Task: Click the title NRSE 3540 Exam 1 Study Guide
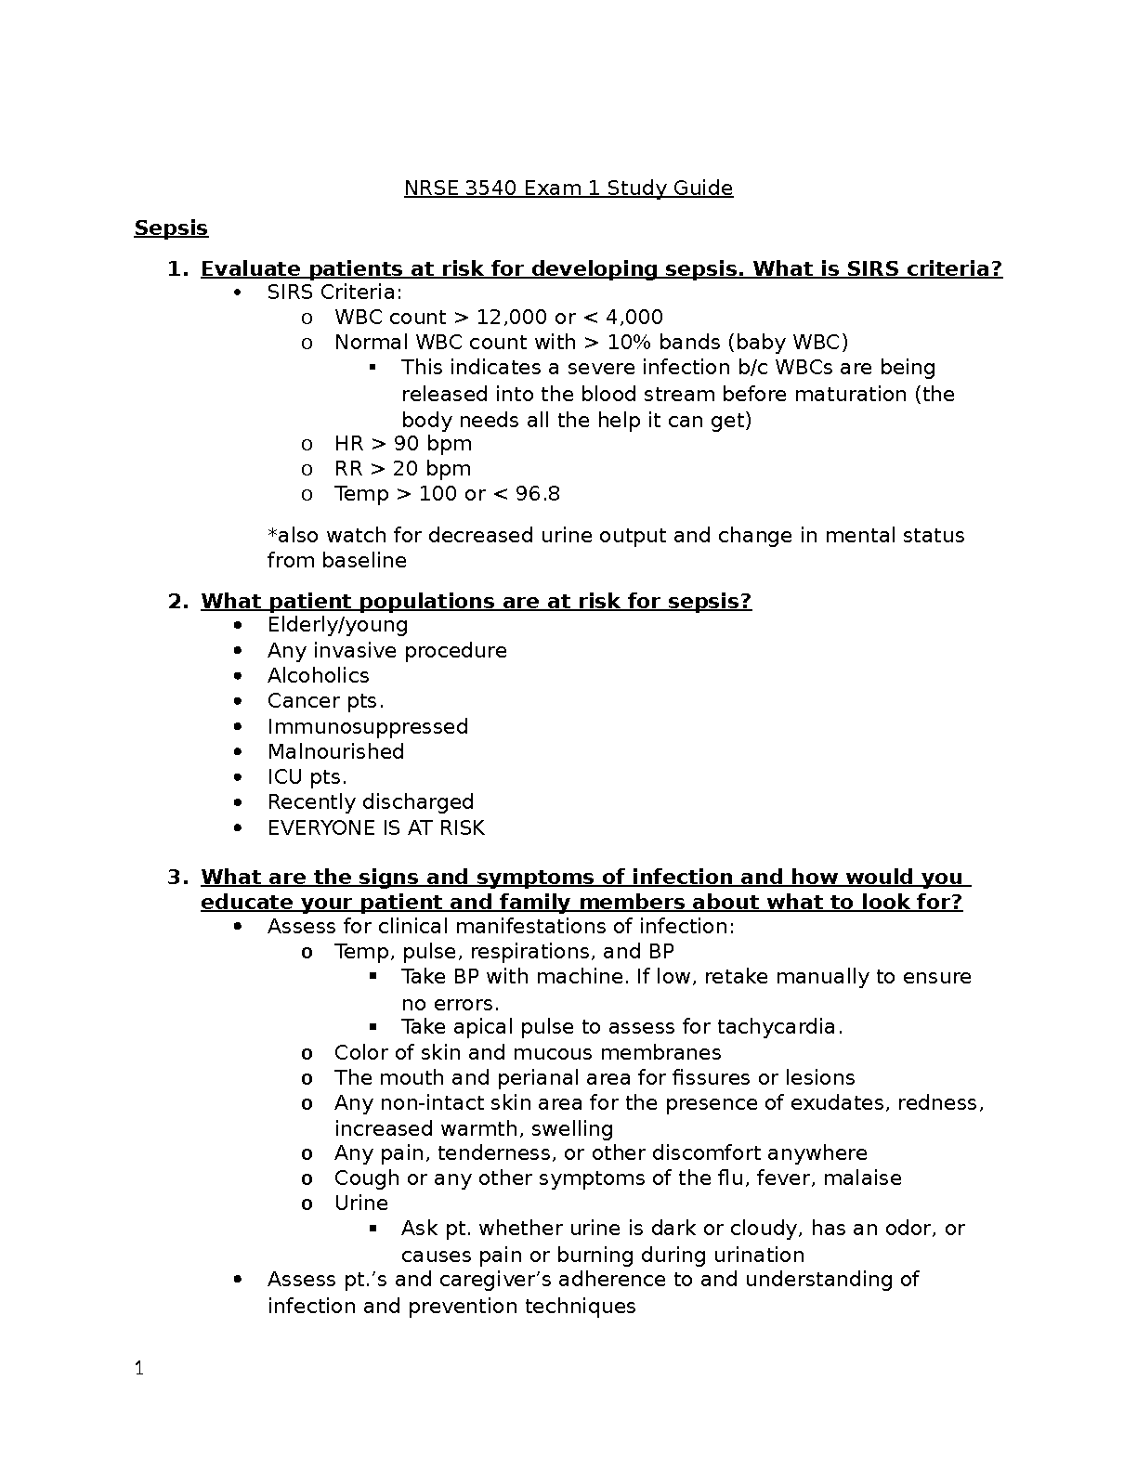pyautogui.click(x=568, y=189)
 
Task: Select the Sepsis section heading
pyautogui.click(x=171, y=228)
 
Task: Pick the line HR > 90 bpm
pyautogui.click(x=402, y=444)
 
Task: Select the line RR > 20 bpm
pyautogui.click(x=402, y=469)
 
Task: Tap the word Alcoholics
pyautogui.click(x=318, y=676)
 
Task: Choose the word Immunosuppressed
pyautogui.click(x=367, y=727)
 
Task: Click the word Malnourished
pyautogui.click(x=335, y=752)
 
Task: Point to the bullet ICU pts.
pyautogui.click(x=307, y=777)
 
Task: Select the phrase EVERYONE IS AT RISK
pyautogui.click(x=375, y=828)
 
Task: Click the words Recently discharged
pyautogui.click(x=370, y=802)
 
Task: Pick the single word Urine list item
pyautogui.click(x=360, y=1204)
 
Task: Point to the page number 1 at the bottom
pyautogui.click(x=139, y=1369)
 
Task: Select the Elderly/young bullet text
pyautogui.click(x=337, y=625)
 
